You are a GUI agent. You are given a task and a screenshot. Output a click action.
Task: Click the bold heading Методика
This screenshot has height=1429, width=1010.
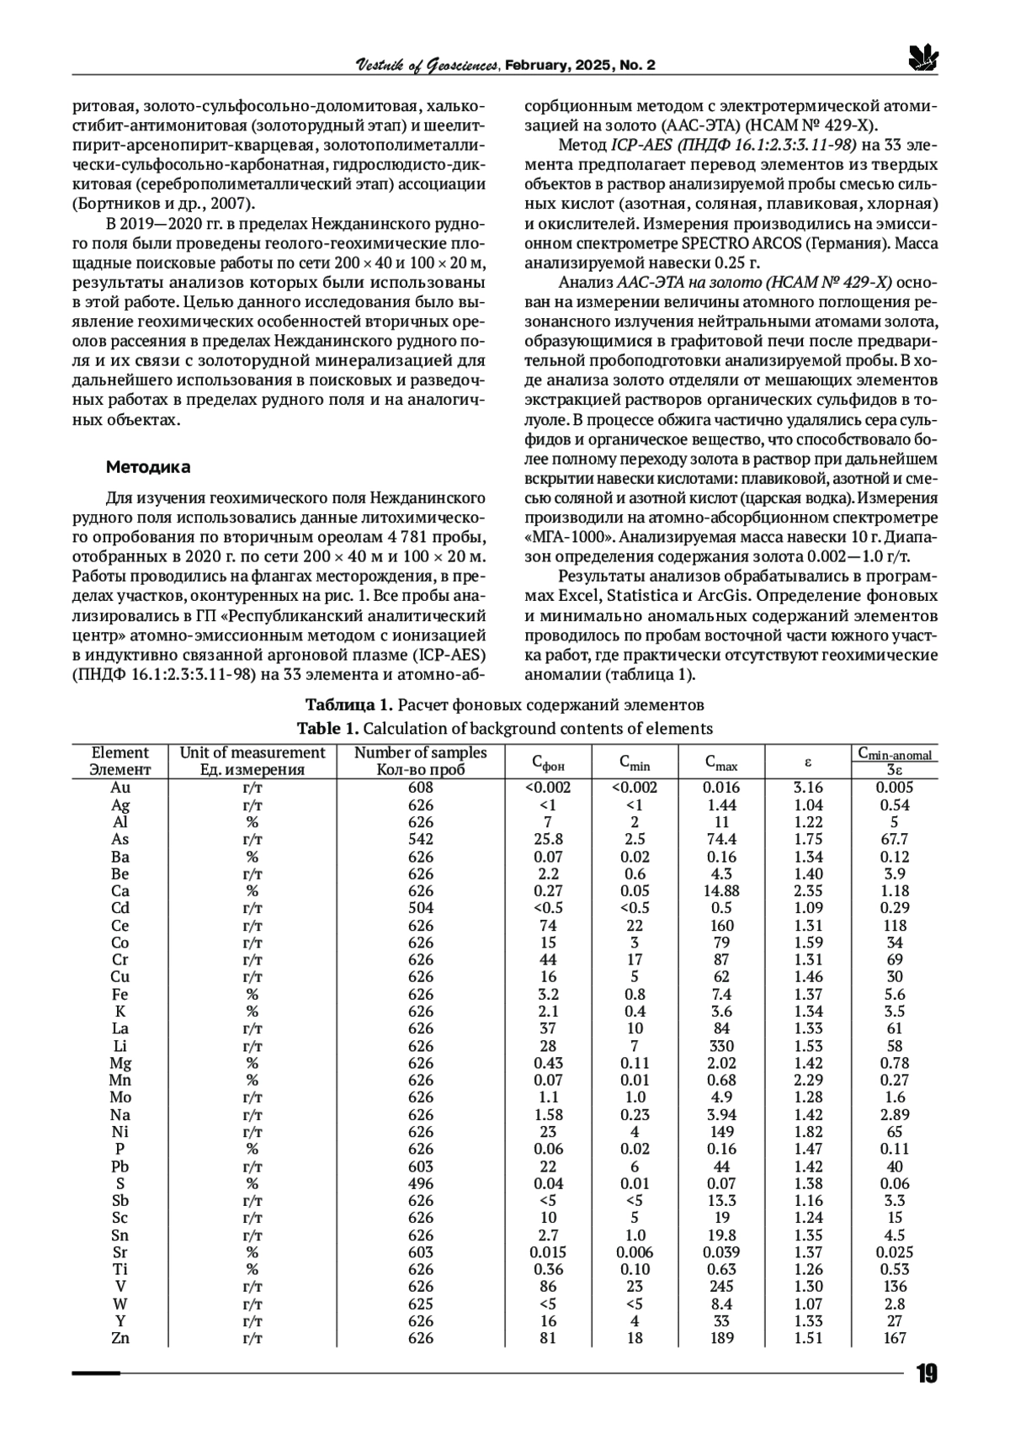pos(148,467)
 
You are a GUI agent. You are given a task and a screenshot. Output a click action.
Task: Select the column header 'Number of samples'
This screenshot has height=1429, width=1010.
pos(420,753)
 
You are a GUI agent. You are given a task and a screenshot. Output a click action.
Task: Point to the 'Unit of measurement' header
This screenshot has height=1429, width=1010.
pos(252,753)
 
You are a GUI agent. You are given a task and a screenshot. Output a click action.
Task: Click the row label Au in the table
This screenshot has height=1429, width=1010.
pos(120,788)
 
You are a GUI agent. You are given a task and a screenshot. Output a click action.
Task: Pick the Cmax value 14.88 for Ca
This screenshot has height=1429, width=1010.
pos(721,891)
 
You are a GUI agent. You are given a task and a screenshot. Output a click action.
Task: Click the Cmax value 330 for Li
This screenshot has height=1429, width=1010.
pos(721,1046)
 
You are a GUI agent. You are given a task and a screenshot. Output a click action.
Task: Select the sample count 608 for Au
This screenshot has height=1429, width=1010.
pos(420,788)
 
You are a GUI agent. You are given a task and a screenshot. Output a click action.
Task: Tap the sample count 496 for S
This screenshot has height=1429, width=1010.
pos(420,1184)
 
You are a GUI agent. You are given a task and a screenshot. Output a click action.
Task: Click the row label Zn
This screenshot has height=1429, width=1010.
pos(120,1339)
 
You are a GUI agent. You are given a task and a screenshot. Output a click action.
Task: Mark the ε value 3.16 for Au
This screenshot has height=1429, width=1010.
pos(808,788)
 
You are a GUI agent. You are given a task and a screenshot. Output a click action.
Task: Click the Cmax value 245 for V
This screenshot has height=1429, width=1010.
pos(721,1287)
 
